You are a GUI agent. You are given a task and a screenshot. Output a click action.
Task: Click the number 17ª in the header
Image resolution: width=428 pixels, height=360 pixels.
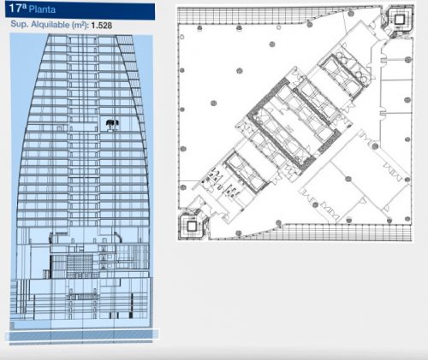(18, 8)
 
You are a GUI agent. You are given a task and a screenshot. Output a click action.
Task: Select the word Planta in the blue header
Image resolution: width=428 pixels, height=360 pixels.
(42, 9)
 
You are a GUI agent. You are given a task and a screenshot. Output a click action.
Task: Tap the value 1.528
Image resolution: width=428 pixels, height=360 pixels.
(102, 26)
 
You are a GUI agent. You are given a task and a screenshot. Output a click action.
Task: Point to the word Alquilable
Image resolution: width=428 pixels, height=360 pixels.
(51, 25)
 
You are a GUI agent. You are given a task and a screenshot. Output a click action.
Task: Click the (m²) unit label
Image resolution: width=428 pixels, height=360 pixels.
(80, 25)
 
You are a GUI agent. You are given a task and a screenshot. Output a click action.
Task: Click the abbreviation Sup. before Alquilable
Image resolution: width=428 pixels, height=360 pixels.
(20, 24)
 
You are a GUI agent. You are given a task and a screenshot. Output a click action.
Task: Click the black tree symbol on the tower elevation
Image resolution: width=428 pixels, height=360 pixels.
(112, 125)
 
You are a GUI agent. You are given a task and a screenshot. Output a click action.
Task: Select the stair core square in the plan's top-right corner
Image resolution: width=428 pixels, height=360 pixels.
(399, 20)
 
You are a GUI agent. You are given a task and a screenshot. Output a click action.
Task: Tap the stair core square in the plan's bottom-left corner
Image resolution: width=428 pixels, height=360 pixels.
(192, 227)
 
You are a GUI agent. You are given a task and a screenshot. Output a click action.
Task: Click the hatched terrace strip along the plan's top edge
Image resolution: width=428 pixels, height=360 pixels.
(274, 15)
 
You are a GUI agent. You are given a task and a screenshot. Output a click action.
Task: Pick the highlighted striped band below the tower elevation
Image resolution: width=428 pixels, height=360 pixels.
(82, 335)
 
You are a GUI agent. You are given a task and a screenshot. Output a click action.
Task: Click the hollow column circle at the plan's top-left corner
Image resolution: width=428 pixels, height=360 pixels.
(181, 37)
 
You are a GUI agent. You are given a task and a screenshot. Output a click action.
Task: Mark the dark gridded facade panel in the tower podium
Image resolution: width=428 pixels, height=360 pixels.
(80, 266)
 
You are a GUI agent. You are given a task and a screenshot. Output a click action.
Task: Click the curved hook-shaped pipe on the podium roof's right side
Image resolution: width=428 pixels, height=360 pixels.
(118, 237)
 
